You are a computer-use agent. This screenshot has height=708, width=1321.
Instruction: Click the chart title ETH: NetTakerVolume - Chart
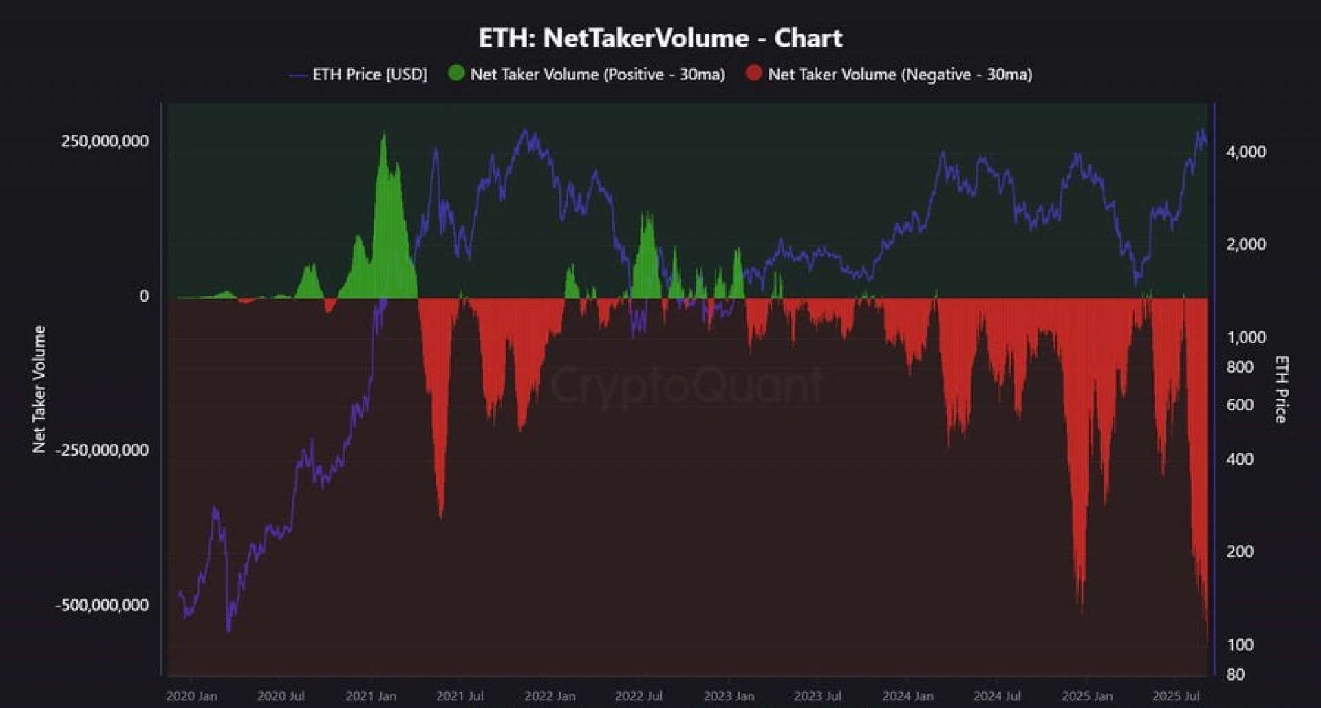tap(660, 38)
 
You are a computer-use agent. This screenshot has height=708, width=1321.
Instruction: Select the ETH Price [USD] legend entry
tap(369, 74)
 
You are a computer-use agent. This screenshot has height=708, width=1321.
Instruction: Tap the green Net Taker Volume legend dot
tap(456, 73)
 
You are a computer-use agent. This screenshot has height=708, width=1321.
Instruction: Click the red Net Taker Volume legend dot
tap(754, 73)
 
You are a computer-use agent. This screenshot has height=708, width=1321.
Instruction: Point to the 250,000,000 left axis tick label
tap(105, 141)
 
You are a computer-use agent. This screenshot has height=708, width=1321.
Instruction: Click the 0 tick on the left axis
tap(144, 296)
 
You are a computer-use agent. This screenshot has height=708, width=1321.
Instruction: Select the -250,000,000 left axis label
tap(102, 450)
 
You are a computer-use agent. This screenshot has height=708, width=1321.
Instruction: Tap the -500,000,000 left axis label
tap(102, 606)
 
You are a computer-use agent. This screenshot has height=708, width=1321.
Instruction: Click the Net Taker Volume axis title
tap(39, 389)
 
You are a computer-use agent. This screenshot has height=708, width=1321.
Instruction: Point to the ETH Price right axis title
tap(1280, 389)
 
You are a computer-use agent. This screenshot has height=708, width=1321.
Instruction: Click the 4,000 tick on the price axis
tap(1245, 152)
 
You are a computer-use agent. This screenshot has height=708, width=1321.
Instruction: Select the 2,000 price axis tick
tap(1245, 244)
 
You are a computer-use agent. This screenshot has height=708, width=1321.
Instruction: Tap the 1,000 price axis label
tap(1245, 338)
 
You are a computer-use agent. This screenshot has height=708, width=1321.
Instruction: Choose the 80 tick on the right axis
tap(1235, 674)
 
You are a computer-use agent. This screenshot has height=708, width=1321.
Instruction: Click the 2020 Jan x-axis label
tap(192, 696)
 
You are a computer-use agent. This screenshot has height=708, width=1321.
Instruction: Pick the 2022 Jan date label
tap(550, 696)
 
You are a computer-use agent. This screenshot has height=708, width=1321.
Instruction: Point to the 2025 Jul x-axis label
tap(1176, 696)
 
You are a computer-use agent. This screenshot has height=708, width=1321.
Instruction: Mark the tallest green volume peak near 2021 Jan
tap(384, 137)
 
